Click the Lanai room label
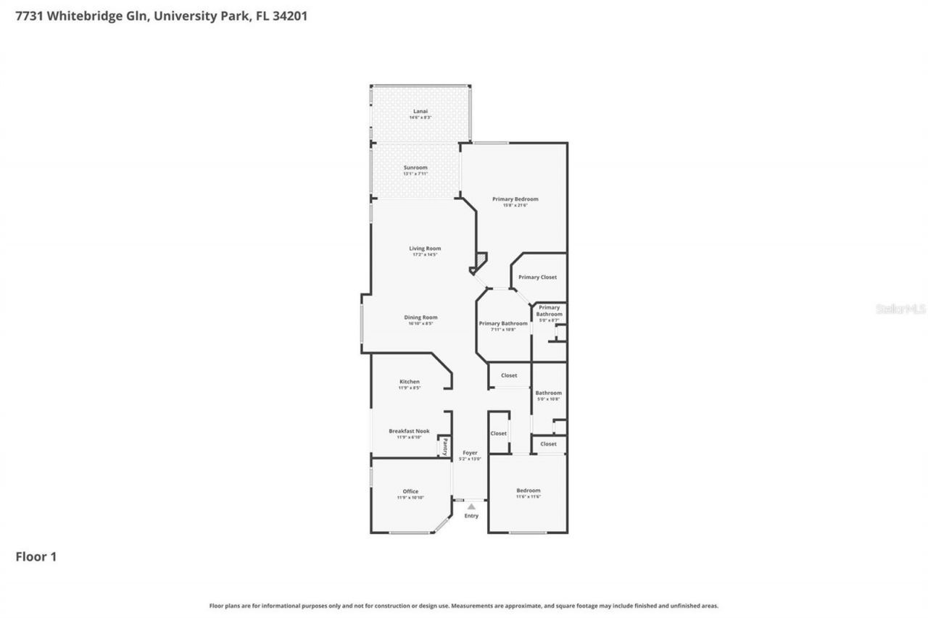420,112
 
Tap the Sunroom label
415,168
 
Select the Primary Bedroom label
515,199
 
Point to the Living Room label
426,249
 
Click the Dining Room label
420,317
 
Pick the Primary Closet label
538,277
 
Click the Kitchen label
410,382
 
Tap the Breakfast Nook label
409,431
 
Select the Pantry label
445,446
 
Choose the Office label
410,491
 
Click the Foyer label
470,453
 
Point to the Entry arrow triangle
471,506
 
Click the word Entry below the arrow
471,516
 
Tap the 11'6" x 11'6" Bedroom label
528,490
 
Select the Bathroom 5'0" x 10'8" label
549,393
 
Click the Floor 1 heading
36,556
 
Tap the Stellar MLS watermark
900,309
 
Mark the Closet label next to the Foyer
498,433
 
